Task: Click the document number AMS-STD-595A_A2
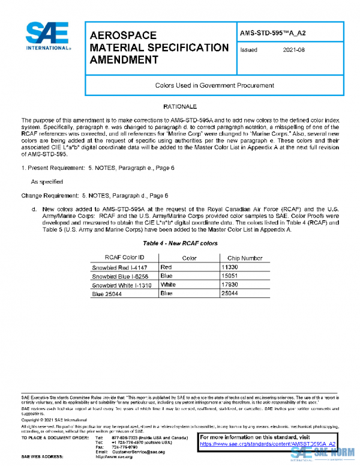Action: pyautogui.click(x=272, y=34)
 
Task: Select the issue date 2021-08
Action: pyautogui.click(x=293, y=50)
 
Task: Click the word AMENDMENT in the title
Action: pyautogui.click(x=124, y=59)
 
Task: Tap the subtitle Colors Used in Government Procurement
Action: pyautogui.click(x=214, y=85)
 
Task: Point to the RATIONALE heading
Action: pyautogui.click(x=180, y=106)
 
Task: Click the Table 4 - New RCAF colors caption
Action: pyautogui.click(x=180, y=244)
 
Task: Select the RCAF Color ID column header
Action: pyautogui.click(x=124, y=257)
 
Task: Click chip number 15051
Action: pyautogui.click(x=230, y=275)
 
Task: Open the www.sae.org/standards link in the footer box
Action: pyautogui.click(x=267, y=443)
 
